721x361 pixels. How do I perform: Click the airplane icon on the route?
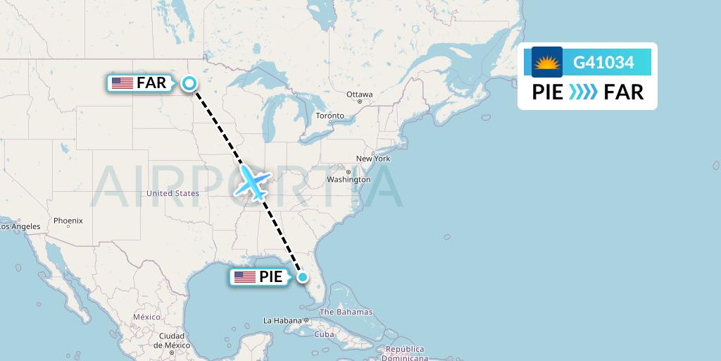[x=253, y=182]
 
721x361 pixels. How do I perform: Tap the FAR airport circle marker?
[x=189, y=83]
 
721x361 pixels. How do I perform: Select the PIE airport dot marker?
[x=302, y=277]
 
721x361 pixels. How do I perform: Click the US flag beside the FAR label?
[x=123, y=83]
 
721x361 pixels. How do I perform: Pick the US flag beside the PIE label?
[x=245, y=277]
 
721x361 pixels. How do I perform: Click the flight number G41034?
[x=603, y=63]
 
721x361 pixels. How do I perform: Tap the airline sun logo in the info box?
[x=547, y=62]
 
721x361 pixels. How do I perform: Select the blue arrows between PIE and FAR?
[x=583, y=92]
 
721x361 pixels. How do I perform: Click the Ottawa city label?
[x=359, y=94]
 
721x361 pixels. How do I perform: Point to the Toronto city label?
[x=330, y=116]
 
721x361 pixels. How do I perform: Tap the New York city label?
[x=373, y=159]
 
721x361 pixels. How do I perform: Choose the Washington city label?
[x=348, y=180]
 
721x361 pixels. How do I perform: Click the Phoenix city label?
[x=68, y=221]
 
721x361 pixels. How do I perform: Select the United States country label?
[x=173, y=193]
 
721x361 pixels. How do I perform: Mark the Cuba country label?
[x=324, y=334]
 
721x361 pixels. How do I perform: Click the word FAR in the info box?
[x=624, y=92]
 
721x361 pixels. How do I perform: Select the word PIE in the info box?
[x=547, y=92]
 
